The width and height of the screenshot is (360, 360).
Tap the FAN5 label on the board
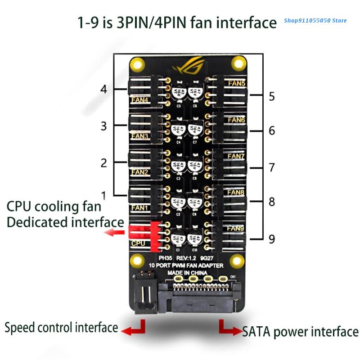click(x=237, y=83)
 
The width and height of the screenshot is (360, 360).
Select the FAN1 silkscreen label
click(x=139, y=208)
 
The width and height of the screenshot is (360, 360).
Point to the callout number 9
click(x=271, y=239)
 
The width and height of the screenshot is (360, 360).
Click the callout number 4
click(x=104, y=89)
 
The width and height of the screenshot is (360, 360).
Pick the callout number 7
click(x=271, y=167)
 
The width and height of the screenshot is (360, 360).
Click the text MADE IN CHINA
click(x=187, y=273)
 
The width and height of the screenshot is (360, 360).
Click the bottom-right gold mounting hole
click(x=236, y=261)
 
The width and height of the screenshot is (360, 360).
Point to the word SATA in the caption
click(x=256, y=332)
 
